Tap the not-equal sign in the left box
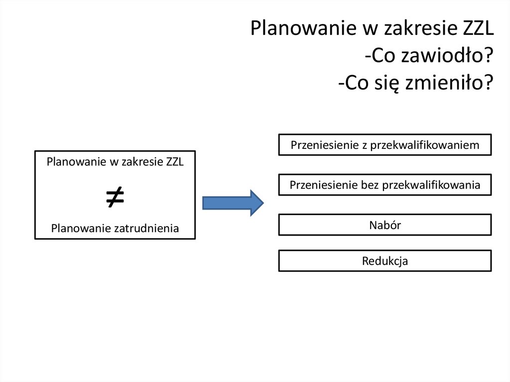pyautogui.click(x=115, y=197)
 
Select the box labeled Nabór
pyautogui.click(x=385, y=225)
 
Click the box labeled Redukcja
pyautogui.click(x=385, y=260)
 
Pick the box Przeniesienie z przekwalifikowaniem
pyautogui.click(x=385, y=145)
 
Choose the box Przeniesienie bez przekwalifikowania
pyautogui.click(x=385, y=185)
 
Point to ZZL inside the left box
pyautogui.click(x=175, y=162)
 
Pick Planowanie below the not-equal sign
pyautogui.click(x=81, y=229)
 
